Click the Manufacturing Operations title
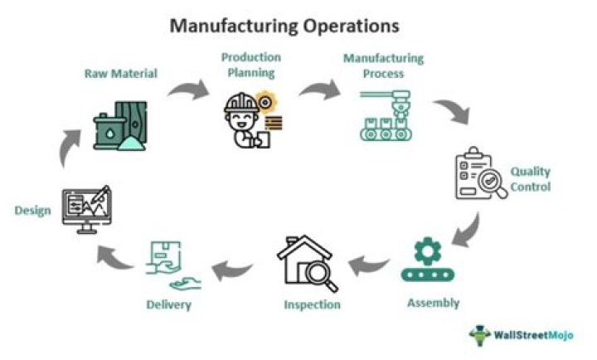click(x=284, y=26)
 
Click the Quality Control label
click(x=531, y=179)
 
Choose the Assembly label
click(x=433, y=302)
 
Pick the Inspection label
click(x=312, y=304)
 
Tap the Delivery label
click(x=170, y=304)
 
